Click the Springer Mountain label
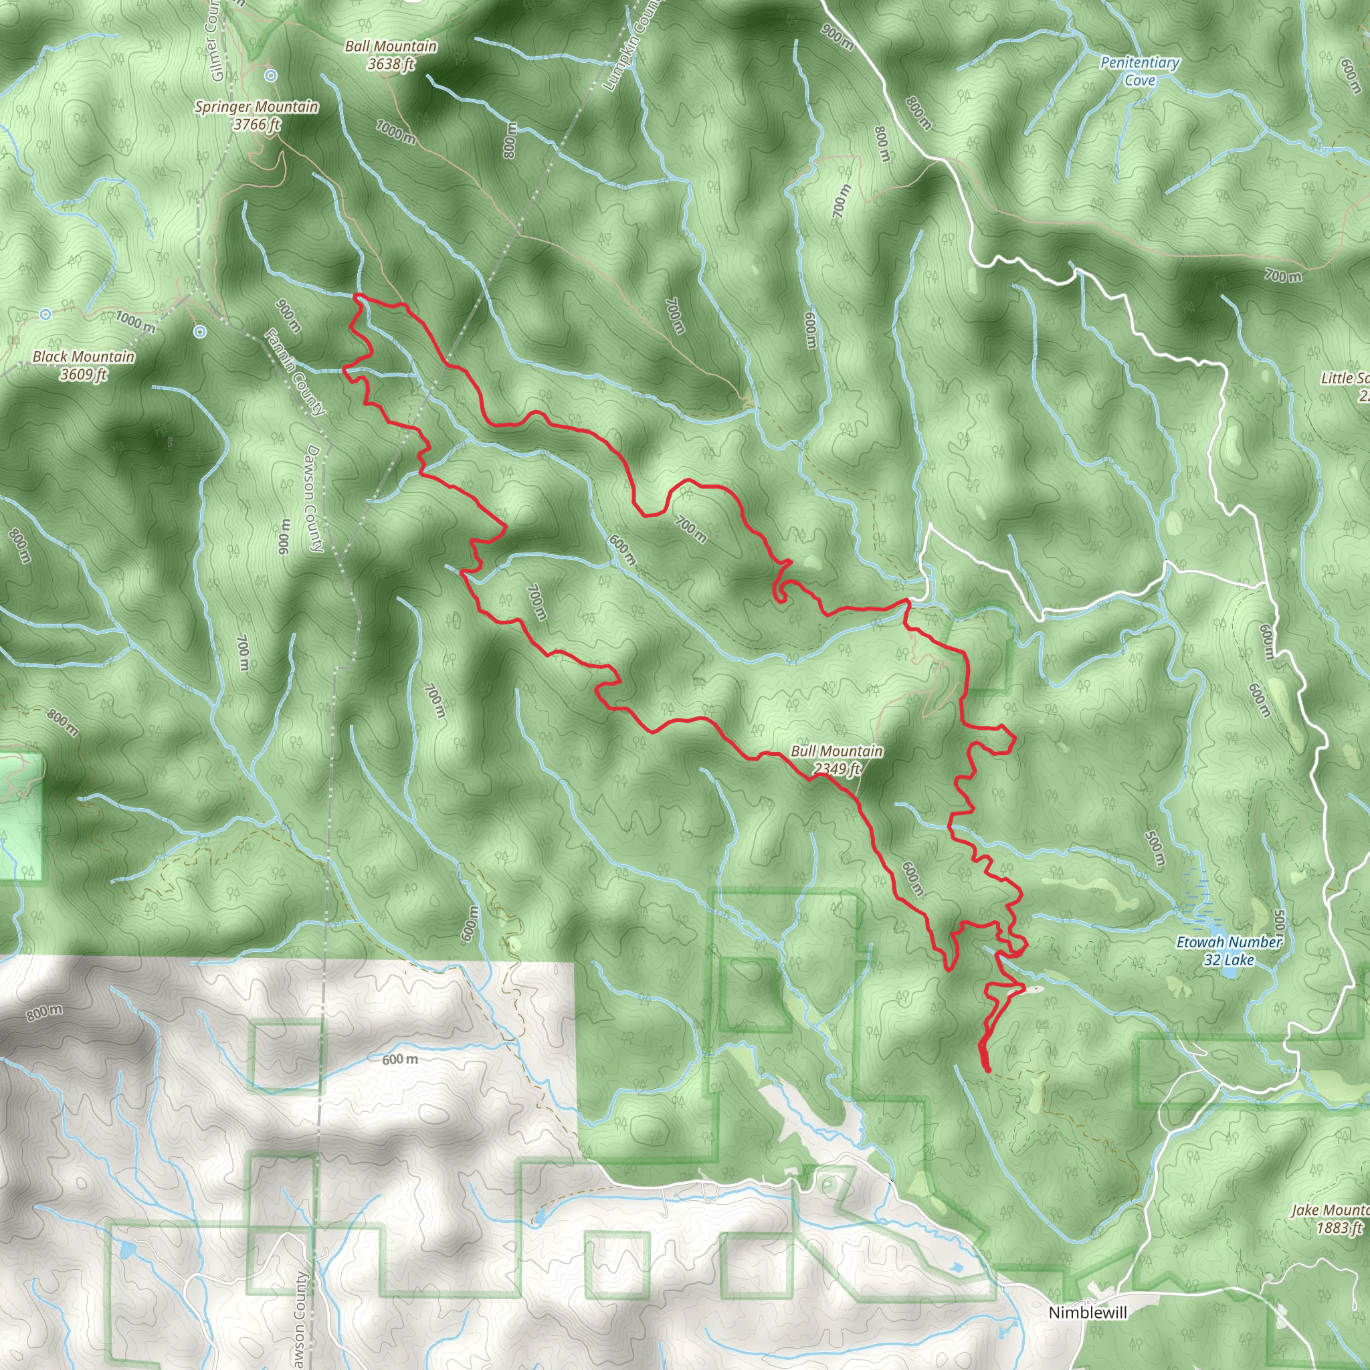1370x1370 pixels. point(256,107)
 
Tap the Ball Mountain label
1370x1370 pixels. point(391,47)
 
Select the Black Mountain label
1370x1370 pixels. point(83,357)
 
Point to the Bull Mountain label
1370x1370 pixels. point(837,751)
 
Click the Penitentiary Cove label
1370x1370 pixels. point(1139,71)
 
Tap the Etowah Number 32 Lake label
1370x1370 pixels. point(1229,951)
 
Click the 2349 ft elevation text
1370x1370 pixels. point(837,769)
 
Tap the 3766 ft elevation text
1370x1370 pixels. point(257,125)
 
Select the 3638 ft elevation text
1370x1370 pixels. point(391,64)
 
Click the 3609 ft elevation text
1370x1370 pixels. point(83,375)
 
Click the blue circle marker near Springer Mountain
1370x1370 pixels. point(271,74)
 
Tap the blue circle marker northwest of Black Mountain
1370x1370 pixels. point(45,314)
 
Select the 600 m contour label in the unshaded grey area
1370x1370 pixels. point(399,1060)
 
